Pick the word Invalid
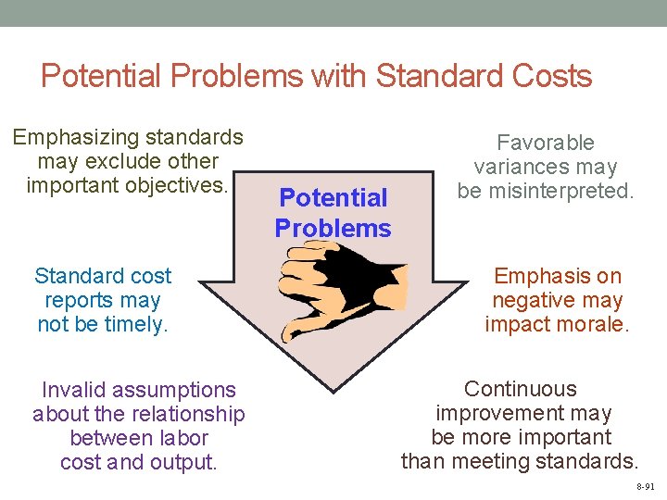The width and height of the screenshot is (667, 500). click(75, 390)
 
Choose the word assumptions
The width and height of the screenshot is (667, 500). click(176, 390)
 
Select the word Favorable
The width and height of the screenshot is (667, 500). click(546, 143)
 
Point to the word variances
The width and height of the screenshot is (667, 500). click(520, 167)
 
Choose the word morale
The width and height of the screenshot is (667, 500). click(595, 324)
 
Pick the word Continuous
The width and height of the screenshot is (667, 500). click(520, 389)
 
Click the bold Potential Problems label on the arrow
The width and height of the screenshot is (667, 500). click(333, 212)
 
